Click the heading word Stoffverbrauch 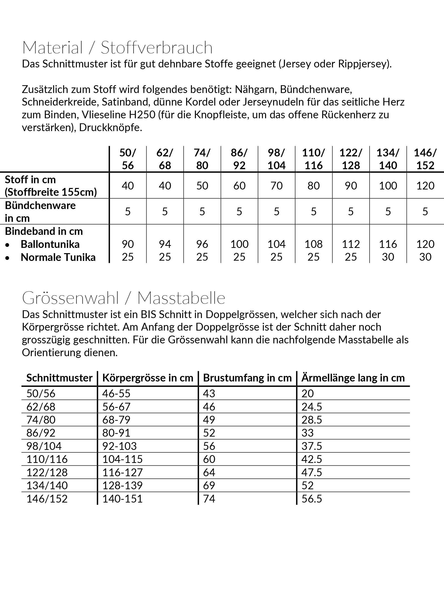157,48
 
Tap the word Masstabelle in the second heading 181,298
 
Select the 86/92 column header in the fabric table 239,159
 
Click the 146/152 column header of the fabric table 425,159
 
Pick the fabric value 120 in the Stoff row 425,185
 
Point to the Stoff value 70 276,185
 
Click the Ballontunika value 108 314,244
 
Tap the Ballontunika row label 50,244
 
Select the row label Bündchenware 40,205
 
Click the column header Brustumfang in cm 247,378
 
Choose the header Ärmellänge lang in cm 353,378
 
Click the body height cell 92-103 119,446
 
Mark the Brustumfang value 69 209,485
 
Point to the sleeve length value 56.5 311,499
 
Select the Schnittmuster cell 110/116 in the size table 47,459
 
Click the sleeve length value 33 307,433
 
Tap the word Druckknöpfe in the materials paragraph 110,128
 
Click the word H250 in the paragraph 142,115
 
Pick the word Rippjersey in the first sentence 362,64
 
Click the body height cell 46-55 116,393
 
